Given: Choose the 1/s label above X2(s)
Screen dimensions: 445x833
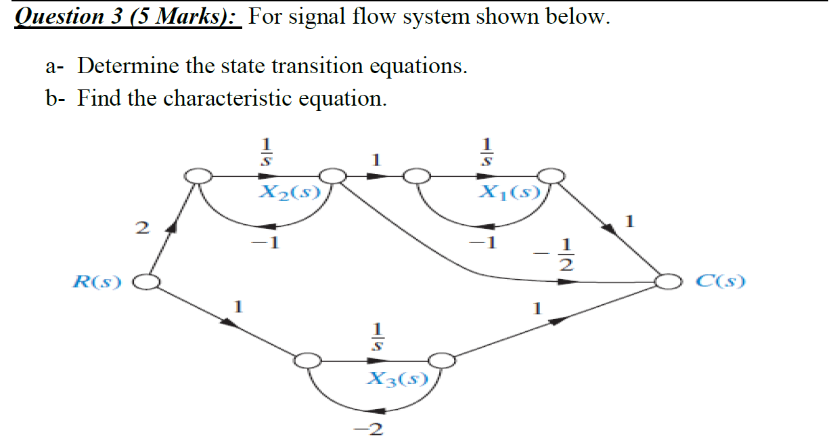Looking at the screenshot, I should (x=266, y=153).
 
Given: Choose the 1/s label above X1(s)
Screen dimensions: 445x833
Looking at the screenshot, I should (x=485, y=153).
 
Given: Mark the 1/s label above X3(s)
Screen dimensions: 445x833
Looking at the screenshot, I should (x=380, y=336).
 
